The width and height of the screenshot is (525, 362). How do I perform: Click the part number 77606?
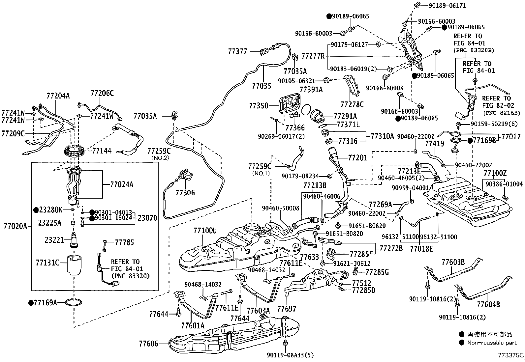click(149, 344)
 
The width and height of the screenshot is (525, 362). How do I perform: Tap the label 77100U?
click(205, 231)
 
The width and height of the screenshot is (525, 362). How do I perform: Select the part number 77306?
click(185, 193)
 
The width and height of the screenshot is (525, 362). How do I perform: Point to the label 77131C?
click(47, 263)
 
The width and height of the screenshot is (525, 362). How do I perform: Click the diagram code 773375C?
click(511, 355)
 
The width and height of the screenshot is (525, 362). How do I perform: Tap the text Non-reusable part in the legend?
click(492, 343)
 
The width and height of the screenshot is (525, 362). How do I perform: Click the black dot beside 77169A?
click(31, 303)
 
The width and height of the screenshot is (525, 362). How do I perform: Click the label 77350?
click(259, 106)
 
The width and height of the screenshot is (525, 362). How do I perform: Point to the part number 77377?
click(238, 51)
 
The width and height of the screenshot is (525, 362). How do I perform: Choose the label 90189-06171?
click(447, 5)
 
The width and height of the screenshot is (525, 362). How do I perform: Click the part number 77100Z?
click(495, 173)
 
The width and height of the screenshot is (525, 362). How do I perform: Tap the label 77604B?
click(488, 305)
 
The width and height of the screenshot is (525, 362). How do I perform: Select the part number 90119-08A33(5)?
click(290, 355)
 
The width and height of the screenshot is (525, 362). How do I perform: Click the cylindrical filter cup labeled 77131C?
click(75, 265)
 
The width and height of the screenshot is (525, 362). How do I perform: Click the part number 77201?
click(357, 157)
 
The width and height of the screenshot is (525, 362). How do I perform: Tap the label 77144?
click(102, 151)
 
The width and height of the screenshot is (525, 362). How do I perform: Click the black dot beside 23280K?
click(36, 210)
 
